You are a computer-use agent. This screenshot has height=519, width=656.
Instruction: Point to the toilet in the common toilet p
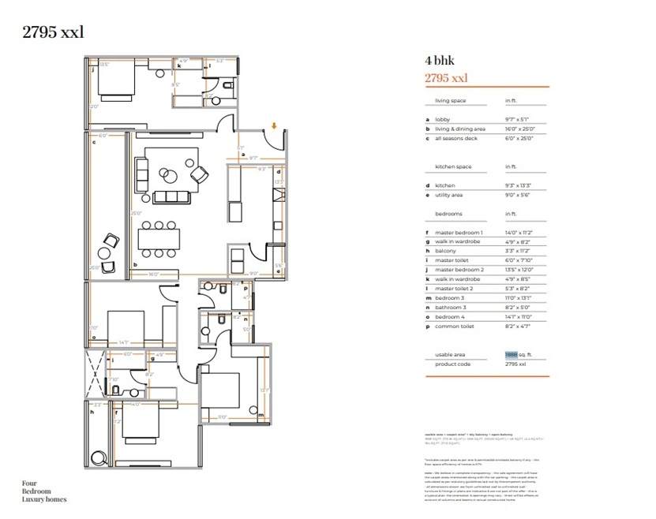(223, 289)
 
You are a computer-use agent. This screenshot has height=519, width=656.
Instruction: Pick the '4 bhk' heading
(439, 61)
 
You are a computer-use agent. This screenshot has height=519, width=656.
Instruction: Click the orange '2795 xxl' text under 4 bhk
(446, 77)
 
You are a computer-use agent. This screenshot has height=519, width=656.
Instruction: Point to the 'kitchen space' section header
(454, 167)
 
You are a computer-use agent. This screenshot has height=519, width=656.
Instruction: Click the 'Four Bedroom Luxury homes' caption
(44, 491)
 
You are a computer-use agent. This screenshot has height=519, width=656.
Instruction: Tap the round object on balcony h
(100, 457)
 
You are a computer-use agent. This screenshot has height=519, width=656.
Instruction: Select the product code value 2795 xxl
(515, 364)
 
